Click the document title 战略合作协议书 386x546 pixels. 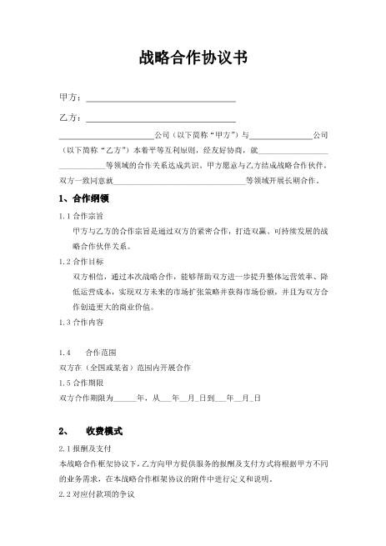click(193, 58)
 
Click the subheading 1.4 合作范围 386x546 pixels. click(89, 352)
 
